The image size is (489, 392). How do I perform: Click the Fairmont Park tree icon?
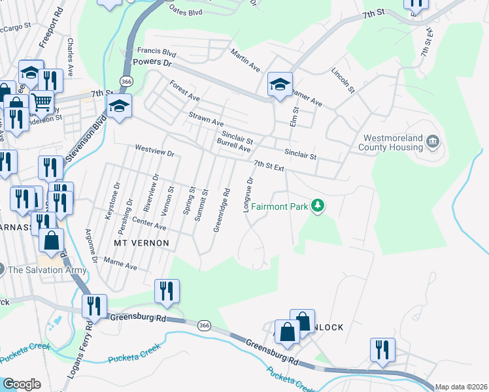[318, 206]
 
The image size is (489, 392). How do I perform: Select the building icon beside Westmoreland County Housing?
[433, 142]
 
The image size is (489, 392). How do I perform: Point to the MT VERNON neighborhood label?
[142, 243]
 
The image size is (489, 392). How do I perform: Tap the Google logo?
[22, 384]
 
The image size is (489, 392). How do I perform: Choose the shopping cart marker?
[41, 101]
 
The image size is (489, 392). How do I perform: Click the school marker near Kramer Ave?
[280, 84]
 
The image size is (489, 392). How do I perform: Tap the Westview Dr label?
[155, 152]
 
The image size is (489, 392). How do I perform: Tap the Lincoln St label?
[343, 80]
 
